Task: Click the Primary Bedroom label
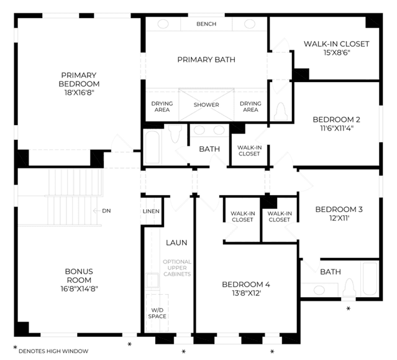click(x=79, y=80)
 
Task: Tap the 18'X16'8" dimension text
click(x=80, y=93)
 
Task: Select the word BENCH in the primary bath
click(x=206, y=24)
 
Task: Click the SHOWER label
click(x=206, y=105)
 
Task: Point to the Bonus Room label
click(x=79, y=275)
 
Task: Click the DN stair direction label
click(x=106, y=211)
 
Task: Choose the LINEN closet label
click(x=151, y=211)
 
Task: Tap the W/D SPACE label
click(x=157, y=313)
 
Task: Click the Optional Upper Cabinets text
click(x=177, y=268)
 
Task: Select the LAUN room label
click(x=176, y=242)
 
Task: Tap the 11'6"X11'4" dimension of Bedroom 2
click(x=337, y=129)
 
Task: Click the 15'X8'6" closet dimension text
click(x=337, y=53)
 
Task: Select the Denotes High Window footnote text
click(x=53, y=351)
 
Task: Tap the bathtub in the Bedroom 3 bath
click(x=370, y=279)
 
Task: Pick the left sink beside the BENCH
click(x=163, y=24)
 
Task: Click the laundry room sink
click(x=152, y=280)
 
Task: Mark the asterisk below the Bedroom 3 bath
click(x=349, y=308)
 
